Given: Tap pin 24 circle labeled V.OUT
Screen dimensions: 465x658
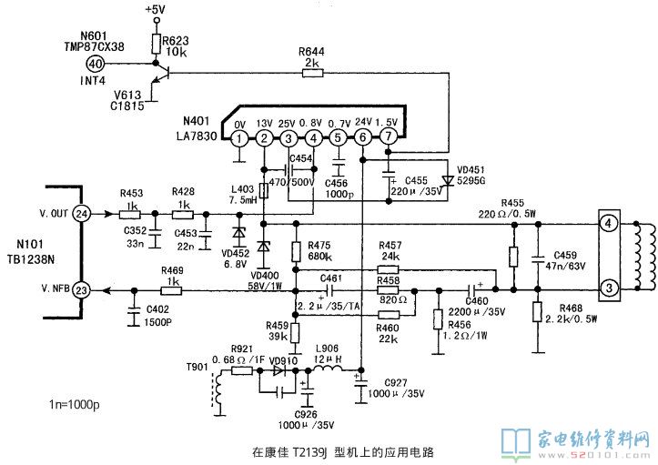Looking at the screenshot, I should [82, 214].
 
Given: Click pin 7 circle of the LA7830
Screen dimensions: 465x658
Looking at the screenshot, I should [389, 138].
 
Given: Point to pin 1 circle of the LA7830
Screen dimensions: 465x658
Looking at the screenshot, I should [238, 138].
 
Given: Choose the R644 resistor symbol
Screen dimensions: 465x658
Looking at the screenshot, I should [312, 76].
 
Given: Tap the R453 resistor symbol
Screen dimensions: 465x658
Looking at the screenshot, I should [130, 214].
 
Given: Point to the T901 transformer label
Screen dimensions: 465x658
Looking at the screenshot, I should [197, 368].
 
